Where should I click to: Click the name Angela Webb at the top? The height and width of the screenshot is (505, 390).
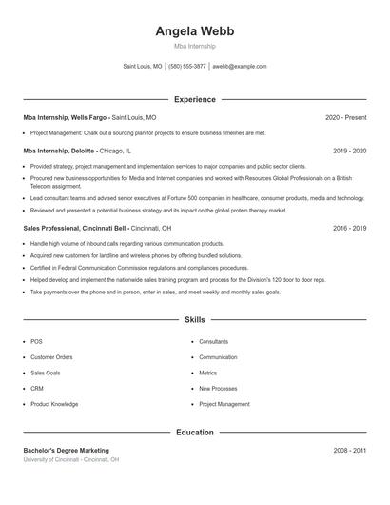(194, 31)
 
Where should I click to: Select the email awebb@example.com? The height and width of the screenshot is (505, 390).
(240, 67)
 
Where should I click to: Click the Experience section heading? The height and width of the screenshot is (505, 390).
(194, 99)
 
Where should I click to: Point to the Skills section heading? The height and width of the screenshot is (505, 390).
(194, 320)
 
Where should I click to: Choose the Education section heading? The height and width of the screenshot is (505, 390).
(194, 433)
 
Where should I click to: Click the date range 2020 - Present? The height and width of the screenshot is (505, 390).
(345, 117)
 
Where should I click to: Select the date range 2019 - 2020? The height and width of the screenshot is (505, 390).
(349, 151)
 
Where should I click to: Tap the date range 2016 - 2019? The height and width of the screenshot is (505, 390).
(349, 229)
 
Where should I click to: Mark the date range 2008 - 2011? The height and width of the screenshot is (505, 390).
(349, 450)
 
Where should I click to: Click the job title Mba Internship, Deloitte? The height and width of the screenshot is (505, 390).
(60, 151)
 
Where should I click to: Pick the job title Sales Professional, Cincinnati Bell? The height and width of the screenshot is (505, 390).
(75, 229)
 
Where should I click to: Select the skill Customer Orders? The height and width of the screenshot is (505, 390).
(50, 357)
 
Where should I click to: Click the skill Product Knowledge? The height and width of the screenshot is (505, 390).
(54, 404)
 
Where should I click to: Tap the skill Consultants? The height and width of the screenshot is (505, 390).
(213, 341)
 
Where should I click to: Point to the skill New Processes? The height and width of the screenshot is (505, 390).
(218, 389)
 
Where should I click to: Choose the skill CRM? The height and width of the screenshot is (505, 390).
(37, 389)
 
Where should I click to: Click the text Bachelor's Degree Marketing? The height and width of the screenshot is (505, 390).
(66, 450)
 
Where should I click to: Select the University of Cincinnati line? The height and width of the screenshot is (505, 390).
(70, 460)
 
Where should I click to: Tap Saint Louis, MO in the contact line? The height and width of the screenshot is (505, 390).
(143, 67)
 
